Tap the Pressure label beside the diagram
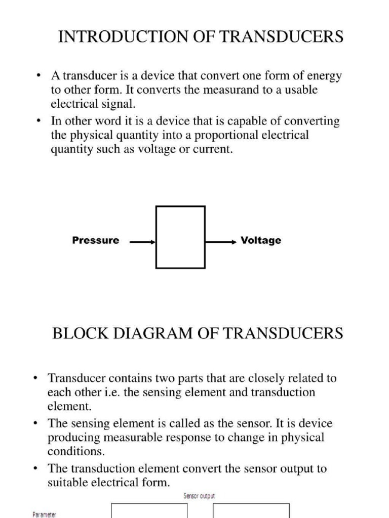coord(96,240)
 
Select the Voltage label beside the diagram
coord(261,240)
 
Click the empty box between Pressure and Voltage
coord(180,237)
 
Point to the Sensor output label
coord(199,496)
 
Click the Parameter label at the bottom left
coord(45,514)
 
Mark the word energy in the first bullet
coord(324,76)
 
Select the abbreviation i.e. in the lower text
coord(107,393)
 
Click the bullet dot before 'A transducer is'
coord(38,77)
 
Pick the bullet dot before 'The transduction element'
coord(35,468)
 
